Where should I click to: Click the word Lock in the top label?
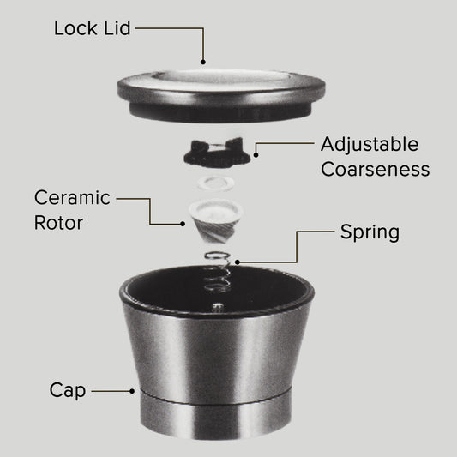(75, 28)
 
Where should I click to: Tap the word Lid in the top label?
(117, 28)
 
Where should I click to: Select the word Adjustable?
(370, 145)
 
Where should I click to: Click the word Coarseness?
(375, 169)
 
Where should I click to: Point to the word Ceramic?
(72, 198)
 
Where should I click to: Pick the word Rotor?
(58, 223)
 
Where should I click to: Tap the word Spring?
(370, 233)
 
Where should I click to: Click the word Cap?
(68, 390)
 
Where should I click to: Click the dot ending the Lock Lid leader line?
(203, 62)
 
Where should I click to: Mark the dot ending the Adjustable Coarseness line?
(256, 155)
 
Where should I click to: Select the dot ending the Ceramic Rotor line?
(183, 224)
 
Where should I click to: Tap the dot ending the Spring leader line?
(238, 262)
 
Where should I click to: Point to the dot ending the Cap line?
(132, 391)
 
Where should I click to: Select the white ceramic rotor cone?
(216, 221)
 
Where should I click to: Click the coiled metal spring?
(218, 272)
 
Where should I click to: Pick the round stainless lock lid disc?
(221, 95)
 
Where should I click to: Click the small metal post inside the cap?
(218, 307)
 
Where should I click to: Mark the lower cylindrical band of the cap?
(216, 414)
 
